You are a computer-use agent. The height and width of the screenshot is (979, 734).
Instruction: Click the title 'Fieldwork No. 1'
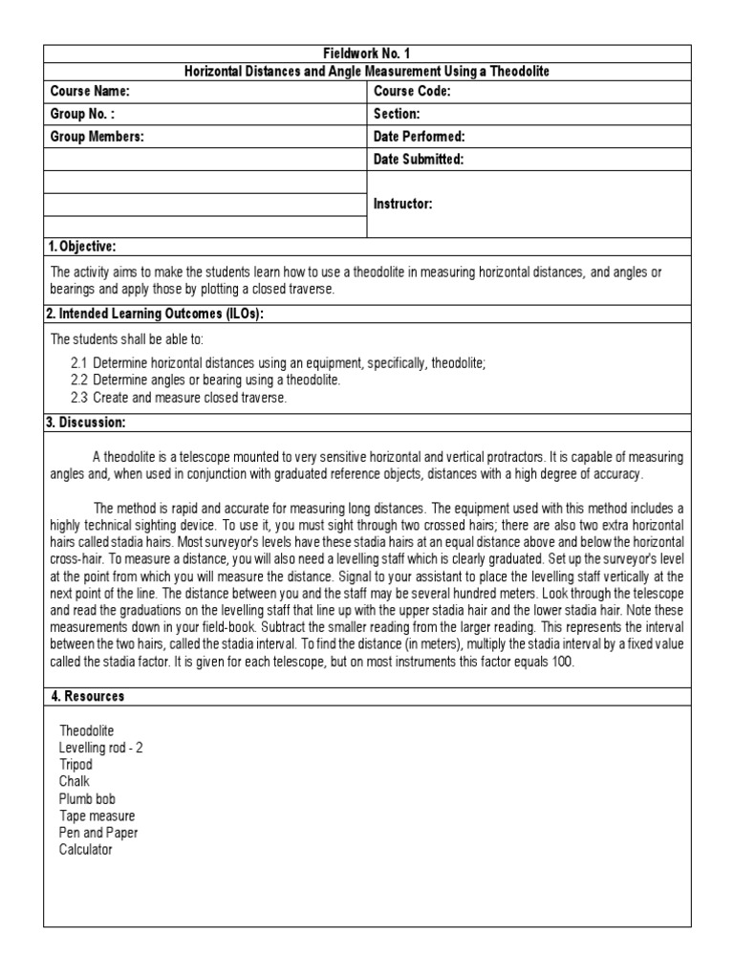(x=367, y=54)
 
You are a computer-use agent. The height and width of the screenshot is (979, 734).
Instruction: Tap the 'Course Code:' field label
(x=412, y=92)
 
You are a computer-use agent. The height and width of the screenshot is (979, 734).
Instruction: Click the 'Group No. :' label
(x=82, y=115)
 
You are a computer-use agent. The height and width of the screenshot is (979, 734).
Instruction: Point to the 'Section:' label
(x=397, y=115)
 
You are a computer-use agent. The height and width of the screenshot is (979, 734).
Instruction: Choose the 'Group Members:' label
(x=97, y=138)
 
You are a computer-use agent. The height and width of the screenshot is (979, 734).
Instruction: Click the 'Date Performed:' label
(x=419, y=138)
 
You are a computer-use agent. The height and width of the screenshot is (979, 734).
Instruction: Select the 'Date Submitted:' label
(x=419, y=160)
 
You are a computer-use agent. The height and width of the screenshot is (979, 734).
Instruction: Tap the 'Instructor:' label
(x=403, y=205)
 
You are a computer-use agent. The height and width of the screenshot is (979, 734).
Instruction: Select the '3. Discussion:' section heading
(x=86, y=423)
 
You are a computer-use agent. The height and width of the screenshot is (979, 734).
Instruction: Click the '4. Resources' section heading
(x=87, y=696)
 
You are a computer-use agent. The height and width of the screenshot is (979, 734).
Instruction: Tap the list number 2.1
(x=79, y=363)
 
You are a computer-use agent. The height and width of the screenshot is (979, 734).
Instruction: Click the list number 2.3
(x=79, y=397)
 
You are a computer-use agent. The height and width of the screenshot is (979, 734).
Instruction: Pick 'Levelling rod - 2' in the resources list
(x=100, y=748)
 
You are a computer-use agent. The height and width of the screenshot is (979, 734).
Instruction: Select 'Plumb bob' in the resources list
(x=86, y=798)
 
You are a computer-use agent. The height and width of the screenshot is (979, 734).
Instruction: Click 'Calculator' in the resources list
(x=85, y=849)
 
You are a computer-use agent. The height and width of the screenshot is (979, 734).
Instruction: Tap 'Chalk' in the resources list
(x=74, y=781)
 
